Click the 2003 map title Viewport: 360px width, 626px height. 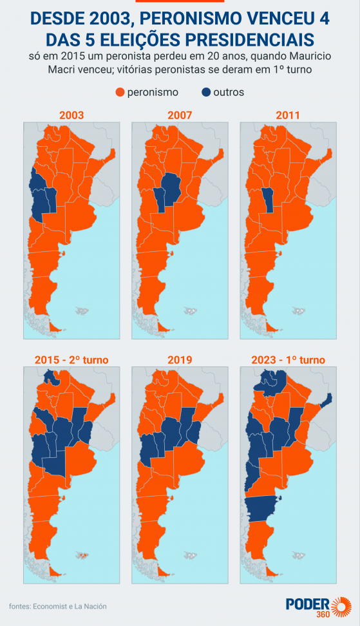71,115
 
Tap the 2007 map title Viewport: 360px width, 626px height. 180,115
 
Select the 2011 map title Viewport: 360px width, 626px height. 288,115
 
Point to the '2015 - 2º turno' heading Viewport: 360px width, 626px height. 71,359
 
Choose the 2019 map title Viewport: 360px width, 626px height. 180,359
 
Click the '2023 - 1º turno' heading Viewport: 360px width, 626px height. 288,359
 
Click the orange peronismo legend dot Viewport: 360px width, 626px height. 119,92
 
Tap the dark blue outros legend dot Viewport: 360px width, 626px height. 206,92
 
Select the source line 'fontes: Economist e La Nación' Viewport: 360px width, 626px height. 58,606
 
